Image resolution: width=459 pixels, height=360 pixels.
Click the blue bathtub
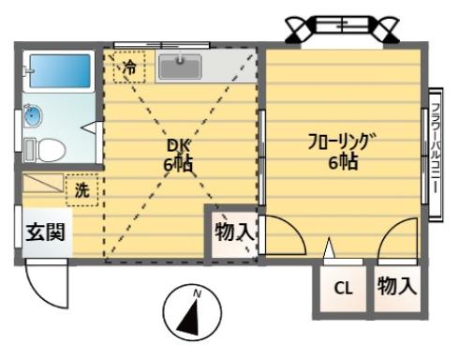coord(59,71)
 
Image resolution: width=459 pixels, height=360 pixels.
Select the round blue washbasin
coord(33,115)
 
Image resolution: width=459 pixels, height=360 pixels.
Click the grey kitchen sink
coord(180,67)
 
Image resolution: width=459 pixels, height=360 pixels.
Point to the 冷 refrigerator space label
coord(129,67)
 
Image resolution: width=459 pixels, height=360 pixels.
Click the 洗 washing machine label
coord(82,189)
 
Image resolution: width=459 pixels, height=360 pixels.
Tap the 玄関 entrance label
coord(46,232)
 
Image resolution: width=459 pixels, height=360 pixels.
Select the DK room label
coord(178,145)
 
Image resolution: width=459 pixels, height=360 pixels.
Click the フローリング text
coord(343,142)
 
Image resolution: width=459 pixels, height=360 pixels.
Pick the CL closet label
coord(343,288)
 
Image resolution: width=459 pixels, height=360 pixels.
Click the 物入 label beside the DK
coord(234,232)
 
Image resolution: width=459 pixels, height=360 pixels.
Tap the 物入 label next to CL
coord(397,286)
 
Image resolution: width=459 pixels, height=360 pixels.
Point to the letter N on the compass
coord(197,293)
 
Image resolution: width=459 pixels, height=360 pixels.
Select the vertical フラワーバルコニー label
coord(436,148)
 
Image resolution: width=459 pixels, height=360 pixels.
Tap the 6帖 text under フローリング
coord(343,162)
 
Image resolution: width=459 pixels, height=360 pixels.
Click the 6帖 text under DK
coord(178,163)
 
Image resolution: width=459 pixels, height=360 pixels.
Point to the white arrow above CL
coord(329,247)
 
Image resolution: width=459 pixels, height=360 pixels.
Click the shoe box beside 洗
coord(43,183)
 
